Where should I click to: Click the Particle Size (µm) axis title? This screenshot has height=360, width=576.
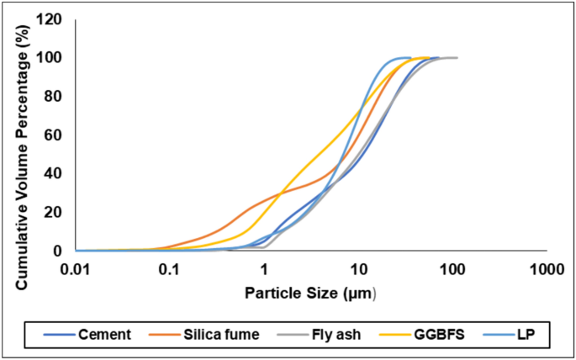coord(310,294)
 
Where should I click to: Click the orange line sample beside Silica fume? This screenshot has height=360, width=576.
coord(164,335)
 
